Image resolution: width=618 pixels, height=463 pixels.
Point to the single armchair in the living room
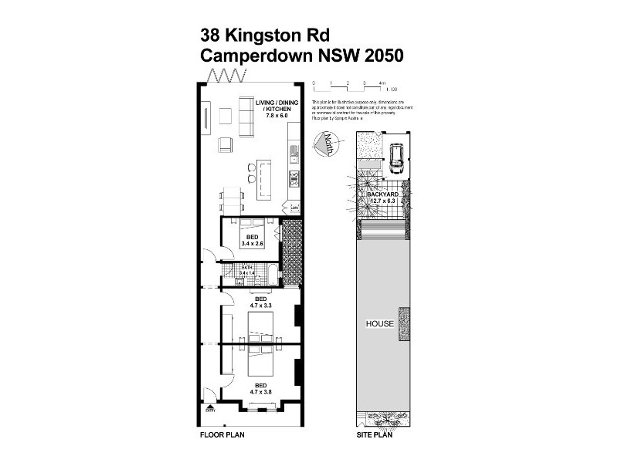[x=226, y=144]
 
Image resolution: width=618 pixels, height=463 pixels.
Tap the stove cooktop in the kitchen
[x=294, y=180]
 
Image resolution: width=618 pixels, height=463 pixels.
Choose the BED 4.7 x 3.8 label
[x=252, y=388]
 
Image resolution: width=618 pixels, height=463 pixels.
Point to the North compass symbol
[x=325, y=144]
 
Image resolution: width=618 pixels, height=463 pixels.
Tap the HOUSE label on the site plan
[x=380, y=324]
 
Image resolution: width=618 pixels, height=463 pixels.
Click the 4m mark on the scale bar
[x=382, y=82]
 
